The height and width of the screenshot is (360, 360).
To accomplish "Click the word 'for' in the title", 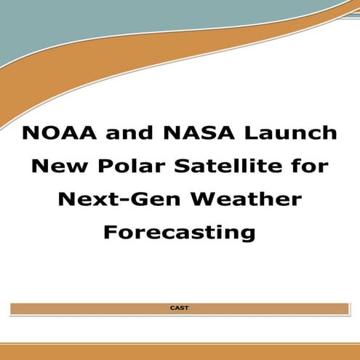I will [309, 167].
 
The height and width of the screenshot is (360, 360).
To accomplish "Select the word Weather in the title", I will [247, 199].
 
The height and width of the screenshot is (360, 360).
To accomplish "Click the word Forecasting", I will [179, 232].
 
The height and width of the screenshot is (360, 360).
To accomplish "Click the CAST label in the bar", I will [179, 308].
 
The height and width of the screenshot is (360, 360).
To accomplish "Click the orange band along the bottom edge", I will [180, 352].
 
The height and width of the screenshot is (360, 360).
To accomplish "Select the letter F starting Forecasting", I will [110, 232].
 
